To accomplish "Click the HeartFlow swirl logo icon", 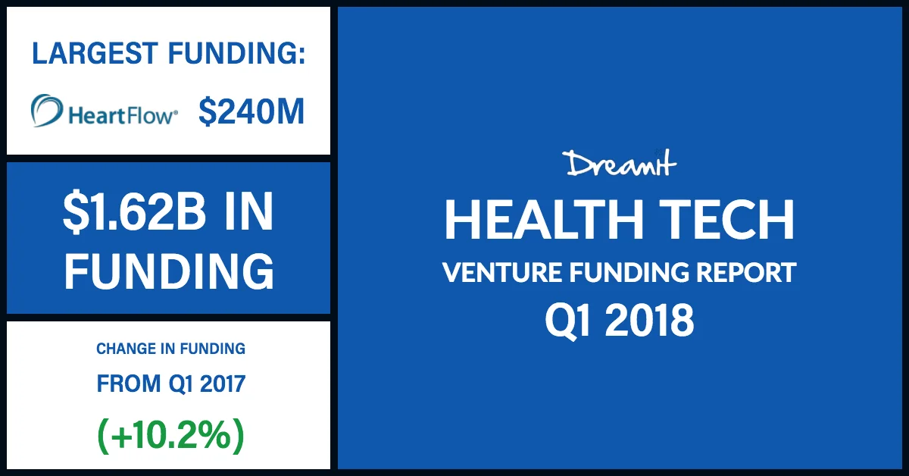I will [x=48, y=111].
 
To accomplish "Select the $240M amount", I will [x=251, y=113].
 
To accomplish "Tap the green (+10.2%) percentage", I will [x=170, y=435].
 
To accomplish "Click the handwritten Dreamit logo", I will [x=619, y=164].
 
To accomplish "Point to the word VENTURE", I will [x=497, y=272].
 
